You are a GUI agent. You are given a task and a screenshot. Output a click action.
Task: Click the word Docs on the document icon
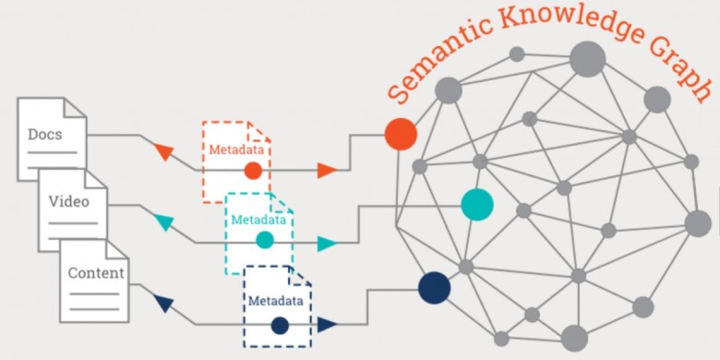coord(45,134)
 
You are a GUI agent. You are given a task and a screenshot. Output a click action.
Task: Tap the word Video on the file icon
coord(68,201)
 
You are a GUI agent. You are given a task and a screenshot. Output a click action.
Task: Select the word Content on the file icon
coord(96,273)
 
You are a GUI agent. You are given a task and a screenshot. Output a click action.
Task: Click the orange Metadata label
coord(235,150)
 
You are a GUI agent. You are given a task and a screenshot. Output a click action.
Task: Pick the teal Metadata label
coord(259,220)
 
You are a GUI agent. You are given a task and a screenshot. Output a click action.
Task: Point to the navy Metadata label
coord(275,299)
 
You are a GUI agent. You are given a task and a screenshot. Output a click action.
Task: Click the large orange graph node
coord(400,134)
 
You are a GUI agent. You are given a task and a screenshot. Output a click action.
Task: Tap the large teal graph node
coord(477,205)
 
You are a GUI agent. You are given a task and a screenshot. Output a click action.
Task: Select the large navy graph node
coord(434,288)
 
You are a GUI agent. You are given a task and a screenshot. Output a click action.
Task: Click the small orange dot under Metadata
coord(253,171)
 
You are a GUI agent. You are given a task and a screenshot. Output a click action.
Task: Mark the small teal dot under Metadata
coord(265,240)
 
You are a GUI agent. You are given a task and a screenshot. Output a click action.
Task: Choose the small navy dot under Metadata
coord(280,325)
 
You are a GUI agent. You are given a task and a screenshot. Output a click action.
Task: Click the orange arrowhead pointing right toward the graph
coord(326,170)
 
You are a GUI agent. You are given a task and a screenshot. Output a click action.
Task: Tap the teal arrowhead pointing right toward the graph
coord(326,244)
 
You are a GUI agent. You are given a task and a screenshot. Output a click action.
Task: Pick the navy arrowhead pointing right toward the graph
coord(326,325)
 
